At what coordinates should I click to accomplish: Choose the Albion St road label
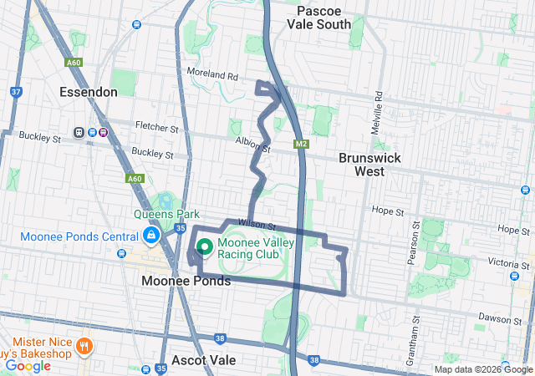click(x=253, y=145)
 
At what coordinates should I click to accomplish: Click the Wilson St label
click(x=257, y=224)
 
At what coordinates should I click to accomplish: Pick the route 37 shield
click(x=16, y=92)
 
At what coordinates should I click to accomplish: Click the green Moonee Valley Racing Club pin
click(x=204, y=247)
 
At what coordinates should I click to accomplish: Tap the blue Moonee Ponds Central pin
click(x=150, y=237)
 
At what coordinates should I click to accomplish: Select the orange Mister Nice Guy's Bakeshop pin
click(x=84, y=346)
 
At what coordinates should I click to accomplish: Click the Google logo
click(x=28, y=366)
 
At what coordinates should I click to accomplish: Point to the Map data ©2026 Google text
click(x=482, y=369)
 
